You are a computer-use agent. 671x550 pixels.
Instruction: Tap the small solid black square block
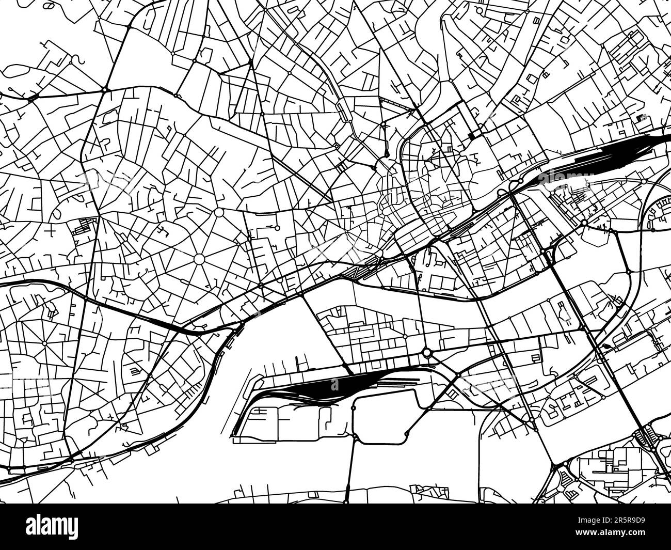click(x=471, y=135)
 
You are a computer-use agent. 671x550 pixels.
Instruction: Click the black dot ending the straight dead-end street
click(x=386, y=154)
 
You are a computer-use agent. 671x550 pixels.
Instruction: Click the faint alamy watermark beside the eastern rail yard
click(x=563, y=178)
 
